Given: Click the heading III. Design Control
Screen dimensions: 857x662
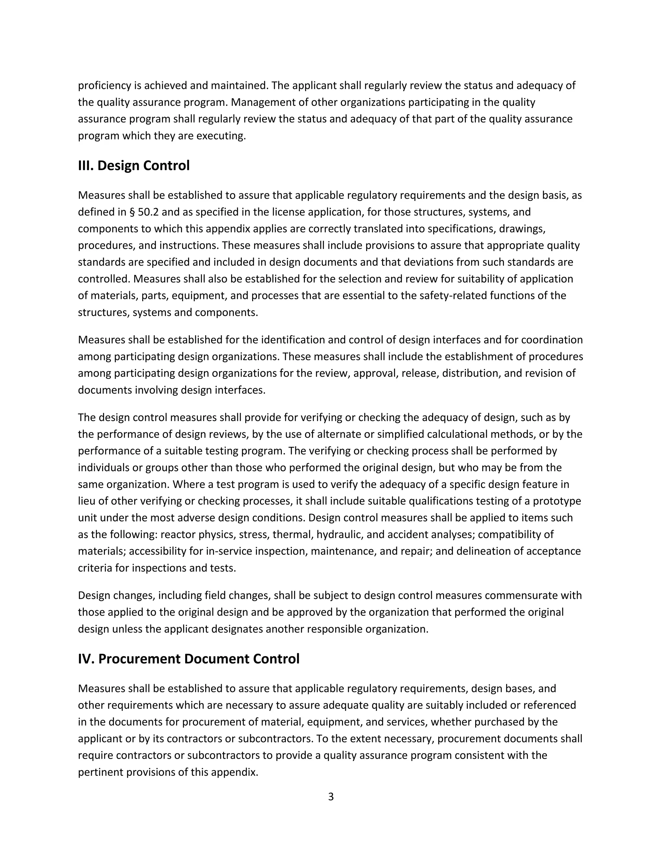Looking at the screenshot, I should [134, 166].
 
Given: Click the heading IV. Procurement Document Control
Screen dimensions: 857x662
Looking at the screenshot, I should [189, 659].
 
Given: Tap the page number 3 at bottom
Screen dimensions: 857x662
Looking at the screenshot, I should [331, 797].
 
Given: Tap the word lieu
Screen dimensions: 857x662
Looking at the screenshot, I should [85, 501].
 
